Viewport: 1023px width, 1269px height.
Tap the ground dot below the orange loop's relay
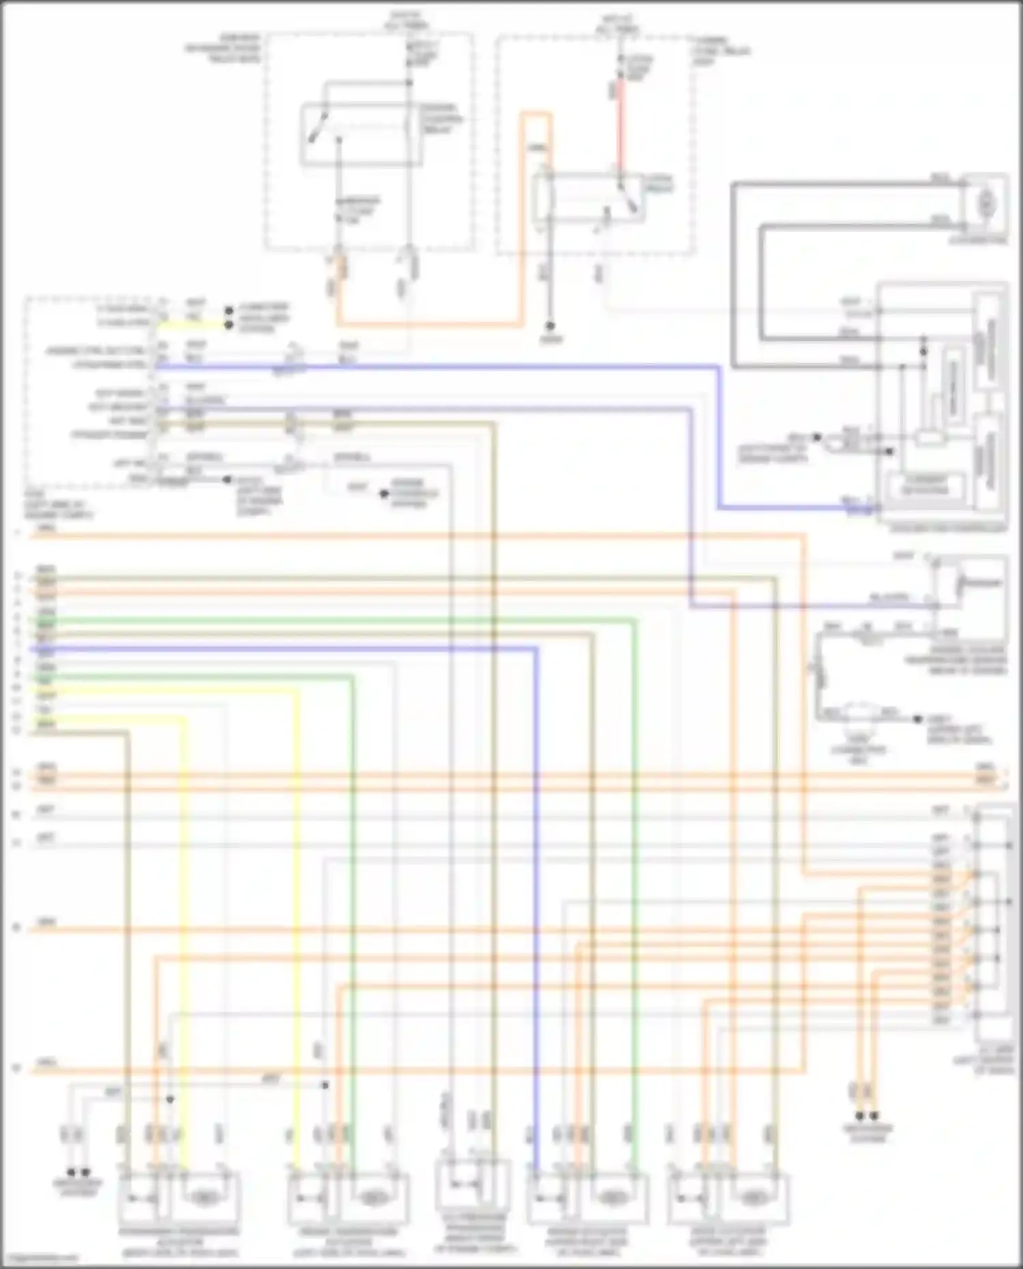coord(552,327)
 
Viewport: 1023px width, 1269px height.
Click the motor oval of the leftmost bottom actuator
coord(204,1197)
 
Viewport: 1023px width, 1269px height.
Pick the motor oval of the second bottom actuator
coord(373,1197)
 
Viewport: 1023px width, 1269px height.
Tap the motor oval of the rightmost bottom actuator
coord(752,1197)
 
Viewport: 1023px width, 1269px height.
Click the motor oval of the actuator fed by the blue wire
coord(612,1197)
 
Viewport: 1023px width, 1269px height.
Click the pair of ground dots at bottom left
coord(78,1172)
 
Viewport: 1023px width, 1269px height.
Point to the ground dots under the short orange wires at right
coord(866,1116)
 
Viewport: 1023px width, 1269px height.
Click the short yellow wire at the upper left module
coord(191,326)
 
